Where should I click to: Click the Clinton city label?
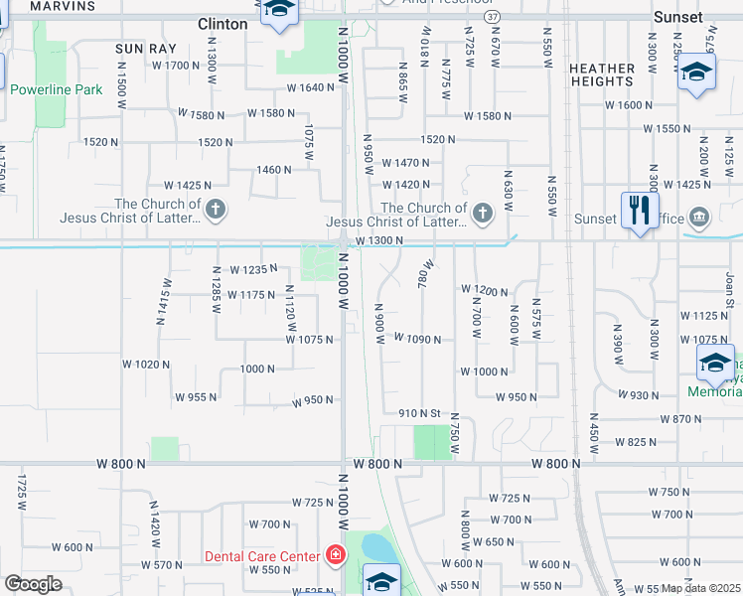pos(223,24)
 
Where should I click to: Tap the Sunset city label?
pos(678,18)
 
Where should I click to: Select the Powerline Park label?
pos(57,89)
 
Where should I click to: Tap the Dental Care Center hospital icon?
pos(336,555)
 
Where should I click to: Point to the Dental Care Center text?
pos(262,556)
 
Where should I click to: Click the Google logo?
pos(33,584)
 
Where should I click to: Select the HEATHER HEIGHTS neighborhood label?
pos(603,74)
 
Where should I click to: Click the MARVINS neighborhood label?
pos(64,6)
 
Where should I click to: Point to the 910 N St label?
pos(419,412)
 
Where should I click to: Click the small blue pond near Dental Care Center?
pos(377,547)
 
